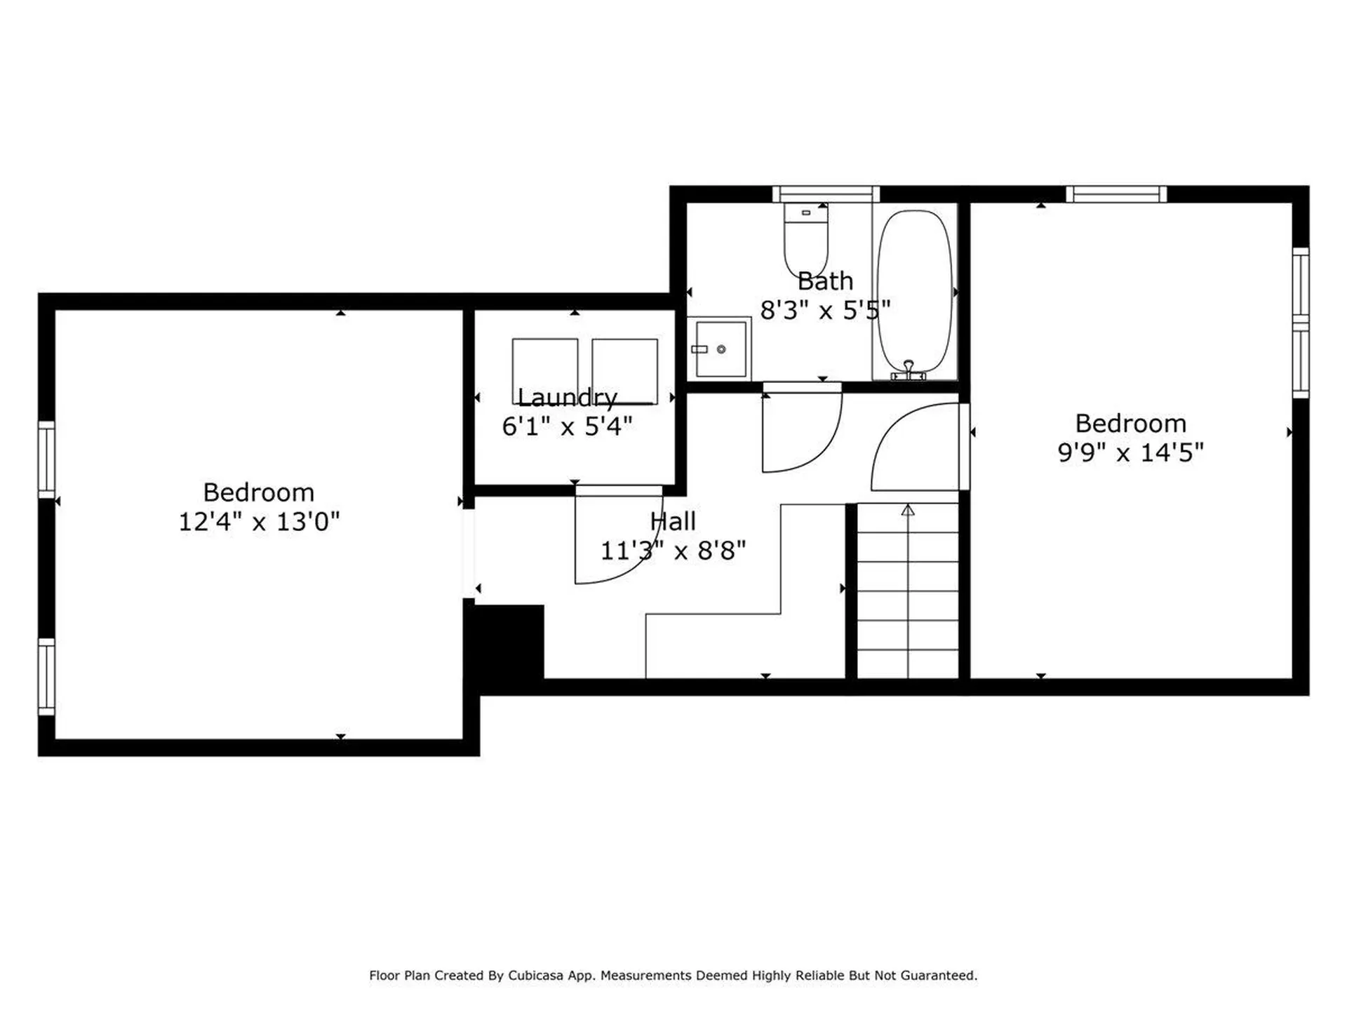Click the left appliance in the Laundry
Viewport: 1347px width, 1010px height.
544,370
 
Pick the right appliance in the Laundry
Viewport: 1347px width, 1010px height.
624,370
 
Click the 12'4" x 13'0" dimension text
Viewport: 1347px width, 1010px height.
259,522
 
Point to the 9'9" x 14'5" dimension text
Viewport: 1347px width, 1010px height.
1130,452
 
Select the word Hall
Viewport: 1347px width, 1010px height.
672,521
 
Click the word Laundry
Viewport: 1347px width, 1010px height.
567,398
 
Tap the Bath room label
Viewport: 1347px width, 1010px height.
825,281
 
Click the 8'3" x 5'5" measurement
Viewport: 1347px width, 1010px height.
825,310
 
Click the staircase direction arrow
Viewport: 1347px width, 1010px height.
908,510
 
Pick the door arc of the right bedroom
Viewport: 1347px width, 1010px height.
912,449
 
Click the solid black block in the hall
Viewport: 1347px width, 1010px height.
507,642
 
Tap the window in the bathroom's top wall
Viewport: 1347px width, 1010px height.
826,194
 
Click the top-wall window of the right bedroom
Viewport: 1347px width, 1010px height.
1116,194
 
